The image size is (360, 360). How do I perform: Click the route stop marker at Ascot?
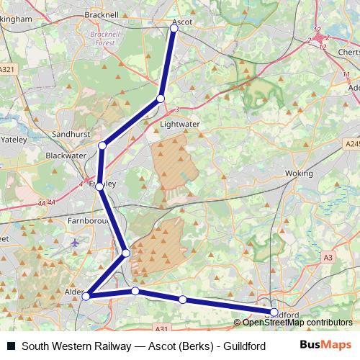pos(174,28)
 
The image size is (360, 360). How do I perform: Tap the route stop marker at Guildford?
pos(274,312)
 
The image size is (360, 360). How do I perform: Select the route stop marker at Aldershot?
pos(86,296)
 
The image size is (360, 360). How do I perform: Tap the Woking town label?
pos(300,174)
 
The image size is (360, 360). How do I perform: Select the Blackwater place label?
pos(66,155)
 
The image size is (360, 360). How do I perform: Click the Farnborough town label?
pos(87,220)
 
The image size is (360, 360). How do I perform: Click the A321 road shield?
pos(8,69)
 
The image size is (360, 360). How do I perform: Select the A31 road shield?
pos(161,329)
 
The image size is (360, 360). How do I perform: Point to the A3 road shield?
pos(328,257)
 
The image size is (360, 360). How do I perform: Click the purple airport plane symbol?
pos(76,243)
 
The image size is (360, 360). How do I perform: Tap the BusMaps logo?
pos(325,346)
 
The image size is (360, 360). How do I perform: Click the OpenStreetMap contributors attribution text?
pos(297,323)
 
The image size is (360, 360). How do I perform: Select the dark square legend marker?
pos(11,346)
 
